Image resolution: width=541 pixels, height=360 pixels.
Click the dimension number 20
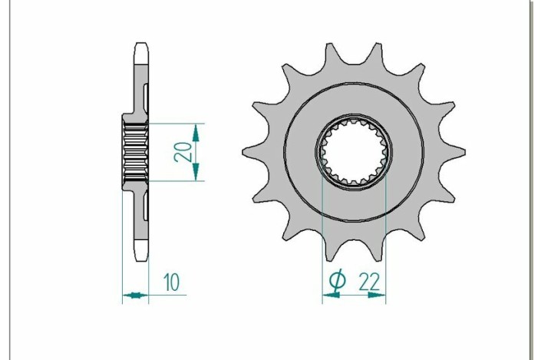tap(182, 151)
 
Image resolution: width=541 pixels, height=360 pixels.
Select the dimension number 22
tap(369, 282)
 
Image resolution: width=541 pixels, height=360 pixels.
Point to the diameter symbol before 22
tap(336, 282)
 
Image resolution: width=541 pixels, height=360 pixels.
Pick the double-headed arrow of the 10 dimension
tap(135, 295)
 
